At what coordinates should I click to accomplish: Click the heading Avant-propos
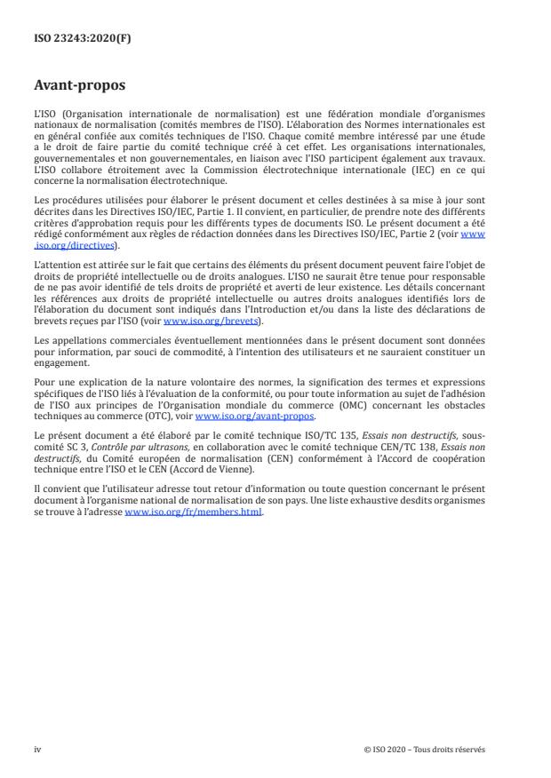(79, 87)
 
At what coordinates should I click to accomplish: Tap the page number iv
(38, 749)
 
